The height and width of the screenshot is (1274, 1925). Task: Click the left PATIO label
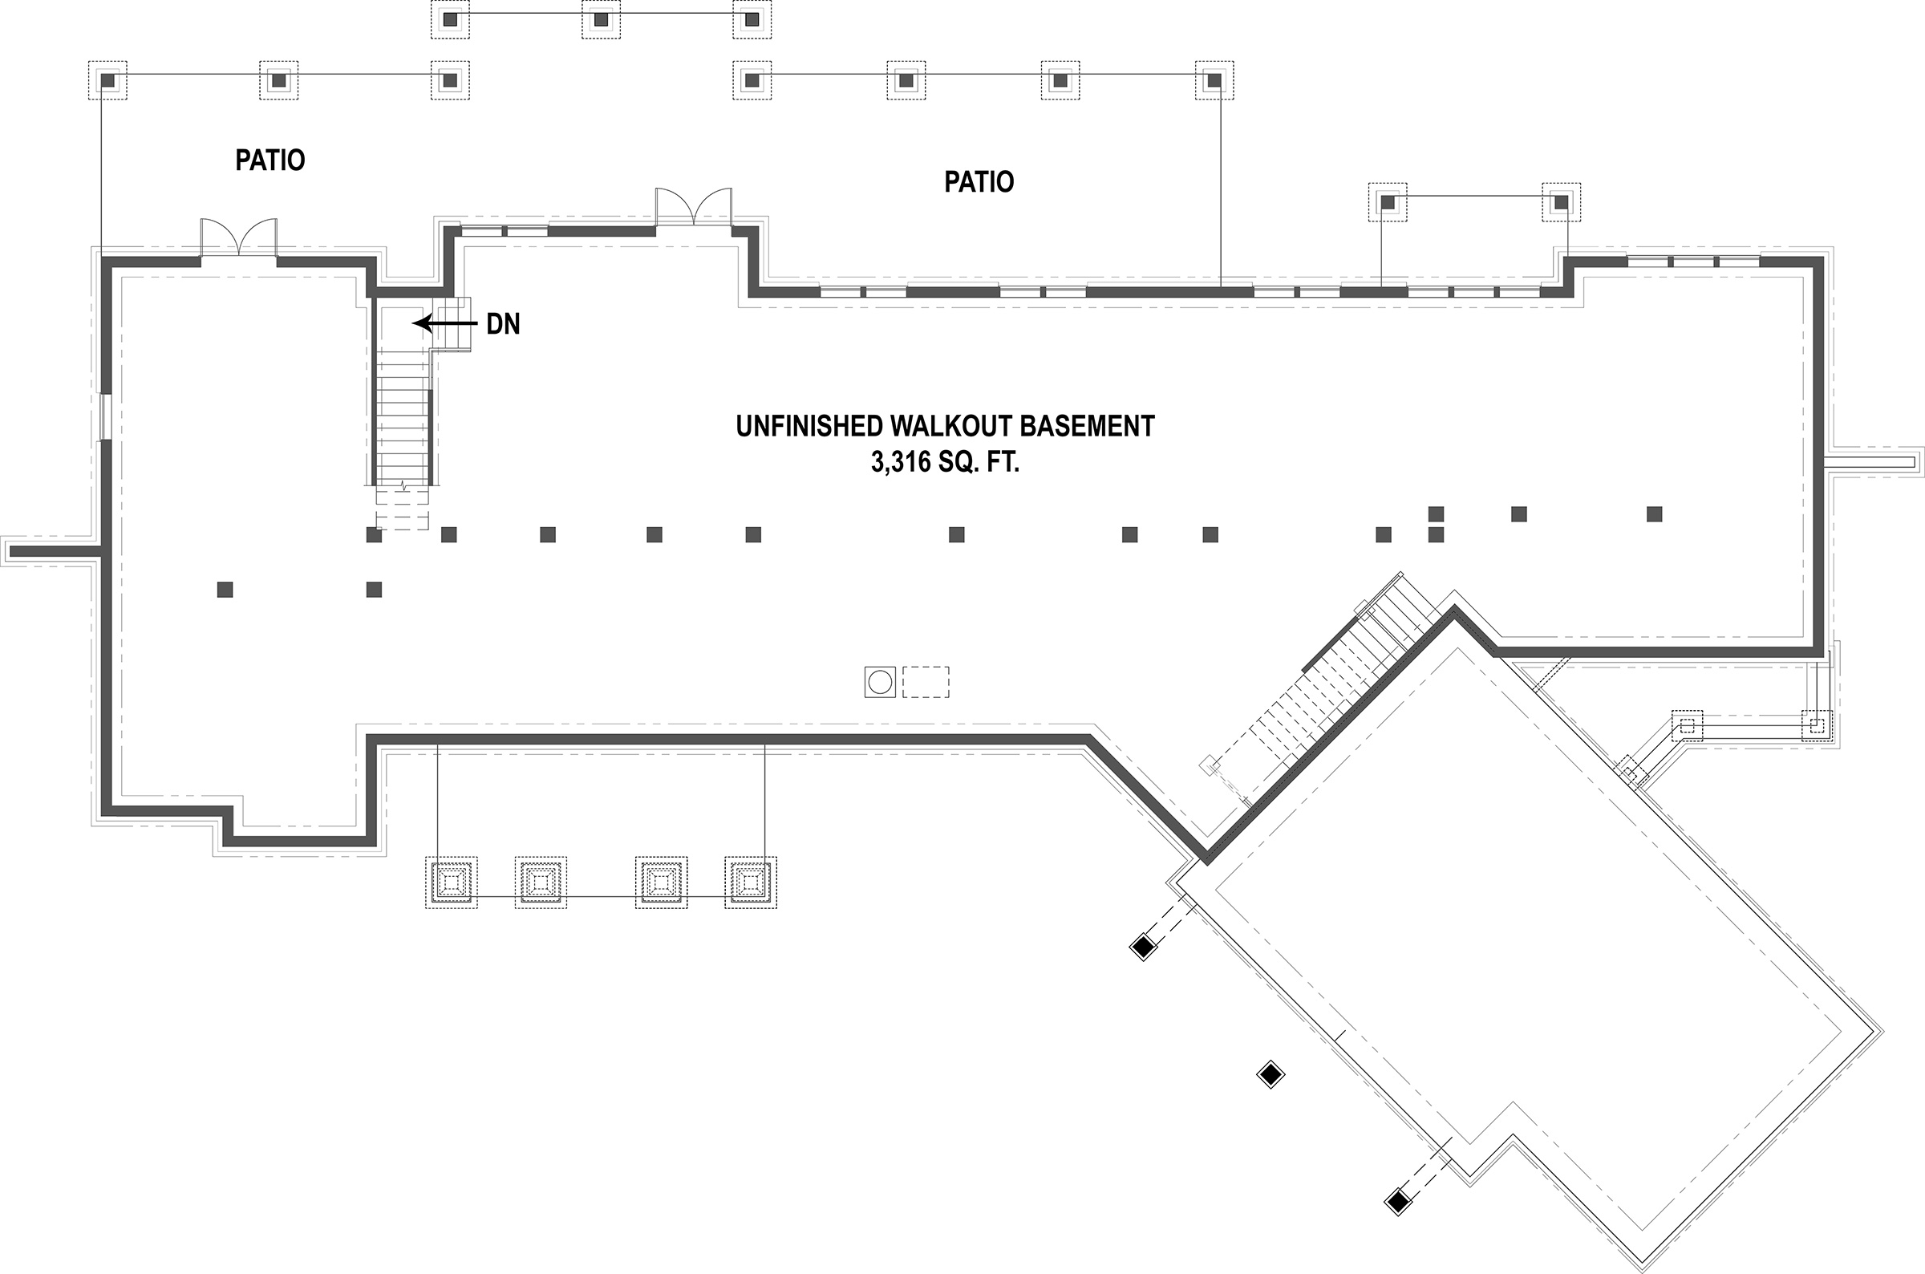point(269,160)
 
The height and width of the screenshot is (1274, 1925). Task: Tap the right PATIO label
point(979,181)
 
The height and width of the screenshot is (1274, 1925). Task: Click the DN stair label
point(503,324)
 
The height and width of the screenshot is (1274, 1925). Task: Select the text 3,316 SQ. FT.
point(945,462)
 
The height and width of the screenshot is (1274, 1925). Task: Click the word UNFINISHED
point(809,426)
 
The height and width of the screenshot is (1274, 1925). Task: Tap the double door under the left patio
point(239,239)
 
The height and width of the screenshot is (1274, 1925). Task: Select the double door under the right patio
point(694,208)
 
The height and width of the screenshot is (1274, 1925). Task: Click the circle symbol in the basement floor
point(880,682)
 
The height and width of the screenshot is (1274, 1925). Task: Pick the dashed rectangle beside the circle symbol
point(926,682)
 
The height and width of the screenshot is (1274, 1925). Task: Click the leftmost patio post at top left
point(107,80)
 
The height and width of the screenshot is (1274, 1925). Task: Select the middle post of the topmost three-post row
point(600,19)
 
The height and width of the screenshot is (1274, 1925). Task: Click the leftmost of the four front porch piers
point(451,882)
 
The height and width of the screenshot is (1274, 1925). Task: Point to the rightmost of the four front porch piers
point(751,882)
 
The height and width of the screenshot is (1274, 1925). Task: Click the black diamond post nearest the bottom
point(1397,1201)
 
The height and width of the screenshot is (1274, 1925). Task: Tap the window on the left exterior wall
point(104,417)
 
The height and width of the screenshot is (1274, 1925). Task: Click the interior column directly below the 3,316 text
point(956,534)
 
